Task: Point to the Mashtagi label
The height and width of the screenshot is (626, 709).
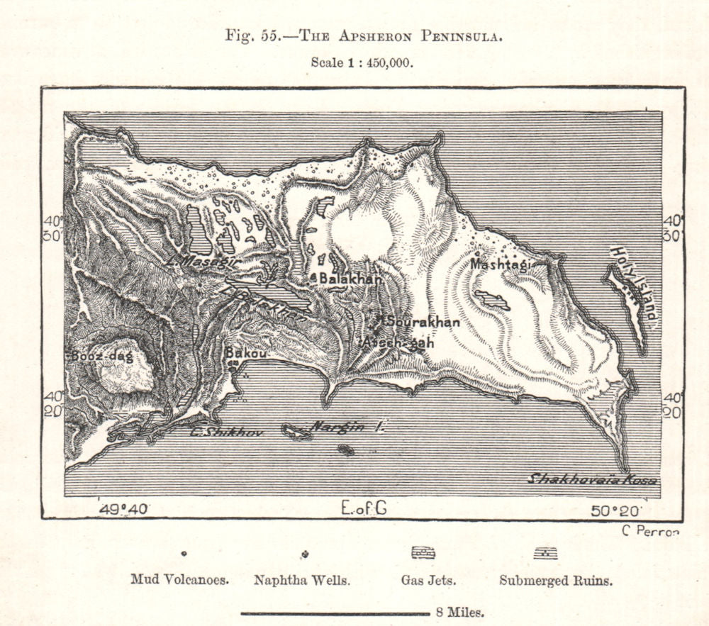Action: pyautogui.click(x=500, y=264)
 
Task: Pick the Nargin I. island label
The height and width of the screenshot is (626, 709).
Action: pyautogui.click(x=348, y=427)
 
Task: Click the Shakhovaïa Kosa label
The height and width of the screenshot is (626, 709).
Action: pyautogui.click(x=591, y=480)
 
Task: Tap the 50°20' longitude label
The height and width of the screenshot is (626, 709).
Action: pyautogui.click(x=618, y=509)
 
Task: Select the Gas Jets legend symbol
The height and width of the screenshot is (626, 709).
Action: pyautogui.click(x=423, y=554)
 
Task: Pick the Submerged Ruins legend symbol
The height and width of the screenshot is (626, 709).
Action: pyautogui.click(x=545, y=554)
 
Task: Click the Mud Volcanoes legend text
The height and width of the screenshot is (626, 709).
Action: pyautogui.click(x=179, y=579)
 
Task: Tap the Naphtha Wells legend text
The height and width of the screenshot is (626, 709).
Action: pyautogui.click(x=301, y=579)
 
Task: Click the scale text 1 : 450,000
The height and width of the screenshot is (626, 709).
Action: pyautogui.click(x=362, y=62)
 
